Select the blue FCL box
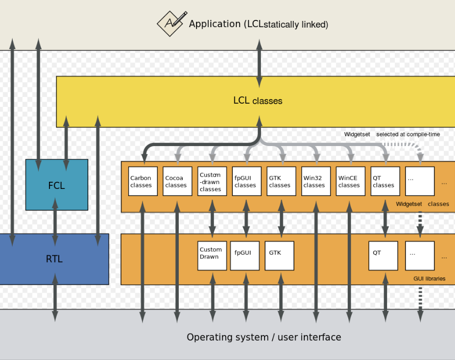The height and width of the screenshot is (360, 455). coord(57,184)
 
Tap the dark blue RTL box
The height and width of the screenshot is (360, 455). coord(54,259)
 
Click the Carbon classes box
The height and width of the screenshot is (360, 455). coord(143,181)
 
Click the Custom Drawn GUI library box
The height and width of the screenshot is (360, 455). coord(212,255)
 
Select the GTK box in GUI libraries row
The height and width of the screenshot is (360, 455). coord(279,255)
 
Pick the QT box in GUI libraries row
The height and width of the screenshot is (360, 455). coord(383,255)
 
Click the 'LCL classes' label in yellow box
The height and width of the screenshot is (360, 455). coord(258,101)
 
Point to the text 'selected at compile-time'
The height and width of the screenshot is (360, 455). coord(408,134)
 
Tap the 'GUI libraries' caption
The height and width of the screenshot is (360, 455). coord(429,279)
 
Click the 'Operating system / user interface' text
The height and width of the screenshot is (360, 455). coord(264,337)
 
